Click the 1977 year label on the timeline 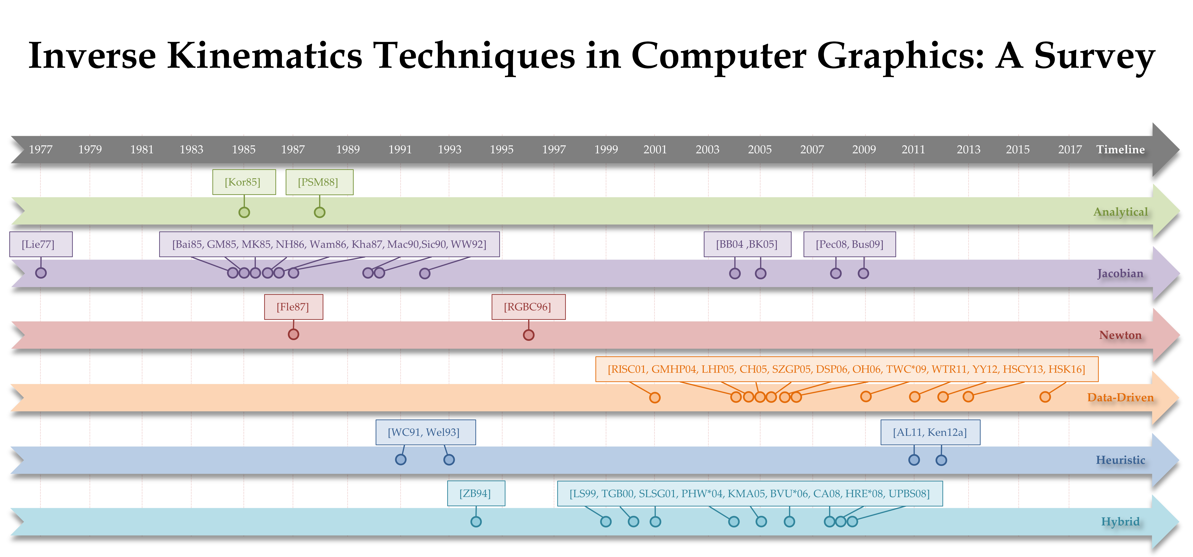pos(41,149)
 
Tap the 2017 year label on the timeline pos(1070,149)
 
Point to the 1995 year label pos(502,149)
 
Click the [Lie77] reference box pos(41,244)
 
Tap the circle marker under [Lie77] pos(41,273)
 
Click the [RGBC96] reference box pos(528,307)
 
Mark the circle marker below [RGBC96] pos(528,335)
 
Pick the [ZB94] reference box pos(476,493)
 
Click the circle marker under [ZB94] pos(476,522)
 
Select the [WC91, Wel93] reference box pos(426,432)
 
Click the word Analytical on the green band pos(1121,212)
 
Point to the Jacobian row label pos(1120,273)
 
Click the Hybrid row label pos(1120,522)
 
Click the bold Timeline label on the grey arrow pos(1120,149)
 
